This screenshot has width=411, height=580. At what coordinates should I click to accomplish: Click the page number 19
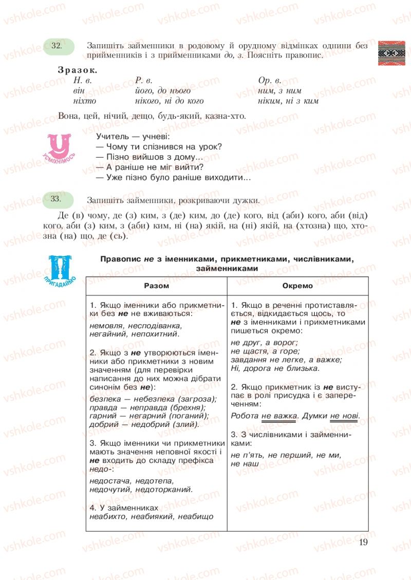pyautogui.click(x=363, y=541)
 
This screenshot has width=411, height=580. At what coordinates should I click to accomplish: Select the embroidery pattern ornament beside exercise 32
pyautogui.click(x=391, y=52)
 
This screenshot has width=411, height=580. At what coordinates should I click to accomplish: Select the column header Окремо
pyautogui.click(x=297, y=286)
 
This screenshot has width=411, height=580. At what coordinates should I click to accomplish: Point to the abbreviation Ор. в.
pyautogui.click(x=270, y=80)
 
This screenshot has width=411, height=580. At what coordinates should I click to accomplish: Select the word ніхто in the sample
pyautogui.click(x=85, y=101)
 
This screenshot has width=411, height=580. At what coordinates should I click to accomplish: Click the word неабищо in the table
pyautogui.click(x=196, y=516)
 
